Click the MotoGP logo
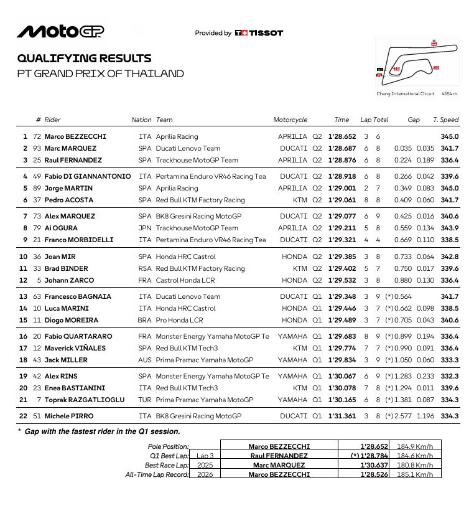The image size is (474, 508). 60,31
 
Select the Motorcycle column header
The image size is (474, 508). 290,120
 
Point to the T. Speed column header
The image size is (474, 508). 445,120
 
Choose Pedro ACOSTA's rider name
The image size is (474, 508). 68,200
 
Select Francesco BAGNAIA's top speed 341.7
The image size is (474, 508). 449,296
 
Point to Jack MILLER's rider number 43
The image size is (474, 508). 37,360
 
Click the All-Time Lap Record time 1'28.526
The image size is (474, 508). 374,474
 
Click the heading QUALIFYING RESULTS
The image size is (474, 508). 84,59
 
